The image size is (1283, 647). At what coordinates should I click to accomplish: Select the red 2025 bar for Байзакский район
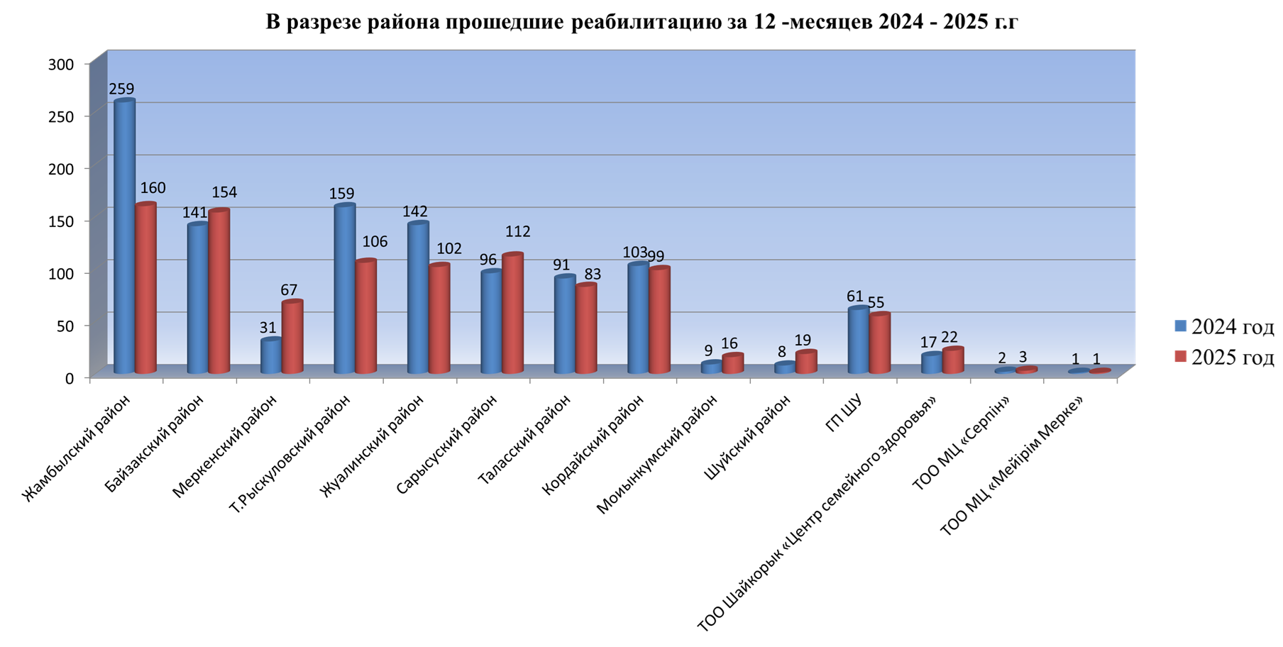[x=219, y=291]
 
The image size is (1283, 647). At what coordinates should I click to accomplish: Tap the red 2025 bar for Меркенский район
[x=292, y=337]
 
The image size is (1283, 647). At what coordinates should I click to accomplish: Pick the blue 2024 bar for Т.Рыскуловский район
[x=344, y=289]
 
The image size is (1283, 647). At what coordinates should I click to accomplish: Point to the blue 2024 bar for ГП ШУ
[x=858, y=341]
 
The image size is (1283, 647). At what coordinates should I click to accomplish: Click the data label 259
[x=121, y=89]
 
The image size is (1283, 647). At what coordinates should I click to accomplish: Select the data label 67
[x=288, y=290]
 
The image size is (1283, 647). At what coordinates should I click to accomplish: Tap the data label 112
[x=517, y=232]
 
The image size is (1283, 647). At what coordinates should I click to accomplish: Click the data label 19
[x=803, y=341]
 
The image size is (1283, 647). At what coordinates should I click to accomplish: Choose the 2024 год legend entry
[x=1223, y=326]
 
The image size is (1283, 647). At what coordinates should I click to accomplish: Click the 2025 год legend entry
[x=1223, y=357]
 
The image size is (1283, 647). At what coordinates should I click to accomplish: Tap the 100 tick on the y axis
[x=61, y=274]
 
